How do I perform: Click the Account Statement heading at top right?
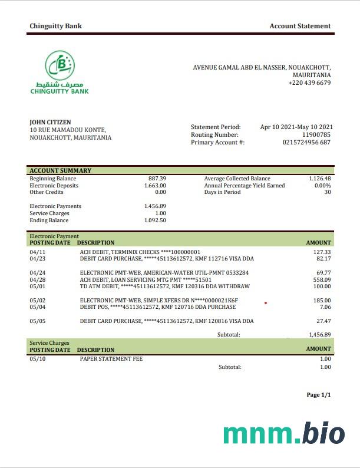(300, 26)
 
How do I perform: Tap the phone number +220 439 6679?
(309, 83)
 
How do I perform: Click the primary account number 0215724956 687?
(306, 143)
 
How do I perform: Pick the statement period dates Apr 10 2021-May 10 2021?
(296, 127)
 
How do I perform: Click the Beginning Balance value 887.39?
(157, 179)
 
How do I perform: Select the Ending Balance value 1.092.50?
(155, 220)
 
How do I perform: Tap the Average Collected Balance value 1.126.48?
(320, 179)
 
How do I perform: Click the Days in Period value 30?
(328, 192)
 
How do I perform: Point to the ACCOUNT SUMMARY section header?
(61, 171)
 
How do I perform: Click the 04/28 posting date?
(37, 280)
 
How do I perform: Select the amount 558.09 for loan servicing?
(322, 280)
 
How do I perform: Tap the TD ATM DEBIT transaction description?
(164, 286)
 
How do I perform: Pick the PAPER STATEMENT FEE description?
(111, 358)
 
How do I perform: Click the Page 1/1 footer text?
(319, 395)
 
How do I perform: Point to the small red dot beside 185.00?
(266, 303)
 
